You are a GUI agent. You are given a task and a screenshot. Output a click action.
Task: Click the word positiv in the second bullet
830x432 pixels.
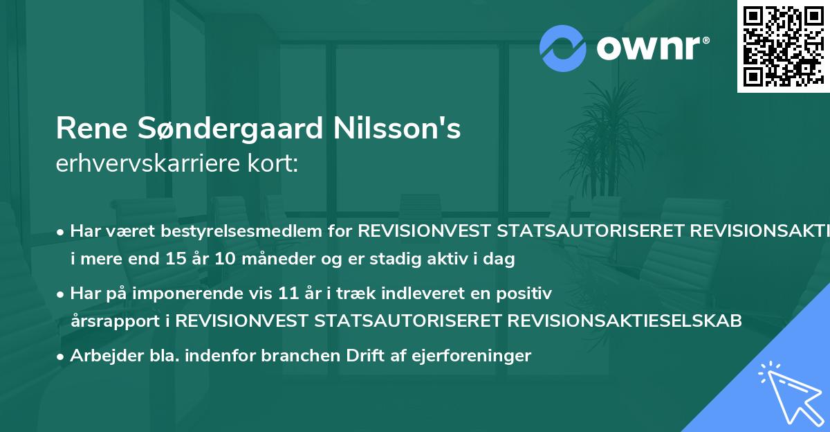tap(529, 294)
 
